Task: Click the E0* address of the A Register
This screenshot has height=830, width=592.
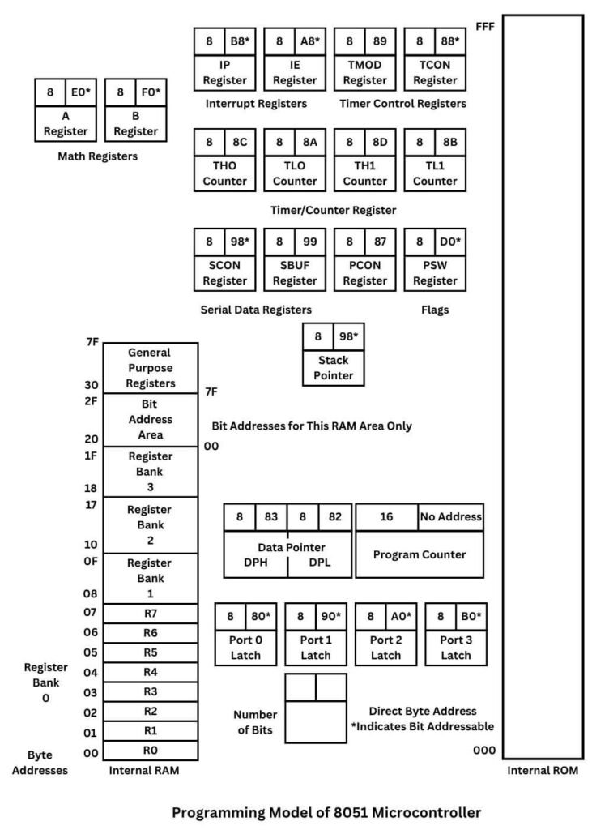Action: point(81,92)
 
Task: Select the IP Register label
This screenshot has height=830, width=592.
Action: point(224,72)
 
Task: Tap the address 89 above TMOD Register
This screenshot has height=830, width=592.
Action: point(381,42)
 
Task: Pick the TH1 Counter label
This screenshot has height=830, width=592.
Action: point(365,173)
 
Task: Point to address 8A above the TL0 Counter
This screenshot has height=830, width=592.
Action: point(310,143)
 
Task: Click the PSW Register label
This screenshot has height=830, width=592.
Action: point(435,272)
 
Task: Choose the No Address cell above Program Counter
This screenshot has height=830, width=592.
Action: point(450,516)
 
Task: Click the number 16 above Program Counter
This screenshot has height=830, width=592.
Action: point(386,516)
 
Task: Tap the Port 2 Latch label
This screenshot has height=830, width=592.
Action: point(386,647)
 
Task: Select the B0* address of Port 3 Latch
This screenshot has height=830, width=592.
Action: point(471,617)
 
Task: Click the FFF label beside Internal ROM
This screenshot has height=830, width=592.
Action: point(484,27)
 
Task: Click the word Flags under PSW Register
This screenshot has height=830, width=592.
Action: point(435,310)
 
